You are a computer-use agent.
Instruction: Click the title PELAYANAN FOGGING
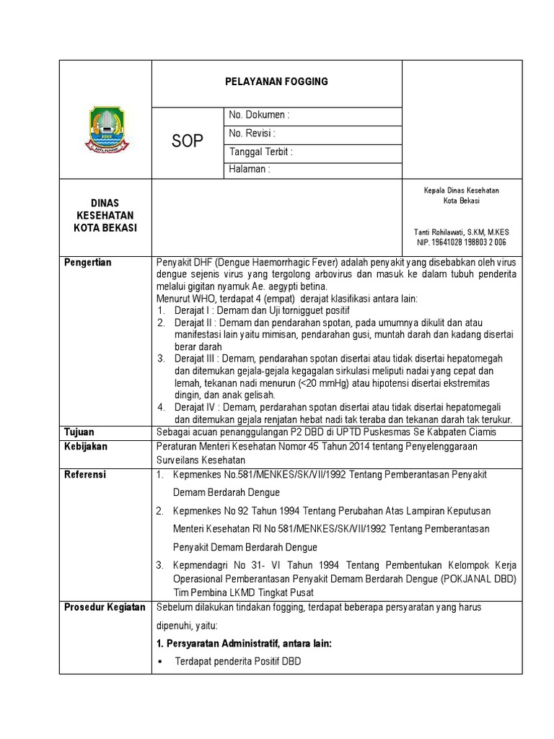pyautogui.click(x=276, y=82)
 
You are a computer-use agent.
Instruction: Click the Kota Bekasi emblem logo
pyautogui.click(x=109, y=129)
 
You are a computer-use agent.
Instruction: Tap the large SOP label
pyautogui.click(x=188, y=141)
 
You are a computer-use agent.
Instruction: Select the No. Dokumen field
pyautogui.click(x=259, y=115)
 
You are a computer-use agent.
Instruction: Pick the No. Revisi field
pyautogui.click(x=252, y=134)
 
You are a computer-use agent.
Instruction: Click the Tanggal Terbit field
pyautogui.click(x=260, y=152)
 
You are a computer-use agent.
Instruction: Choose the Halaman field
pyautogui.click(x=249, y=170)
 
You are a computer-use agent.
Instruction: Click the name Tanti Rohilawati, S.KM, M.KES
pyautogui.click(x=461, y=232)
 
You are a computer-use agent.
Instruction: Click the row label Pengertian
pyautogui.click(x=88, y=263)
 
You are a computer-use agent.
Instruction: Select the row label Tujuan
pyautogui.click(x=79, y=432)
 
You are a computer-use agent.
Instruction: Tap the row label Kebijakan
pyautogui.click(x=86, y=447)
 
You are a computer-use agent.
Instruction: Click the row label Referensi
pyautogui.click(x=85, y=475)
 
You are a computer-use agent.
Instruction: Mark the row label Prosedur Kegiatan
pyautogui.click(x=105, y=608)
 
